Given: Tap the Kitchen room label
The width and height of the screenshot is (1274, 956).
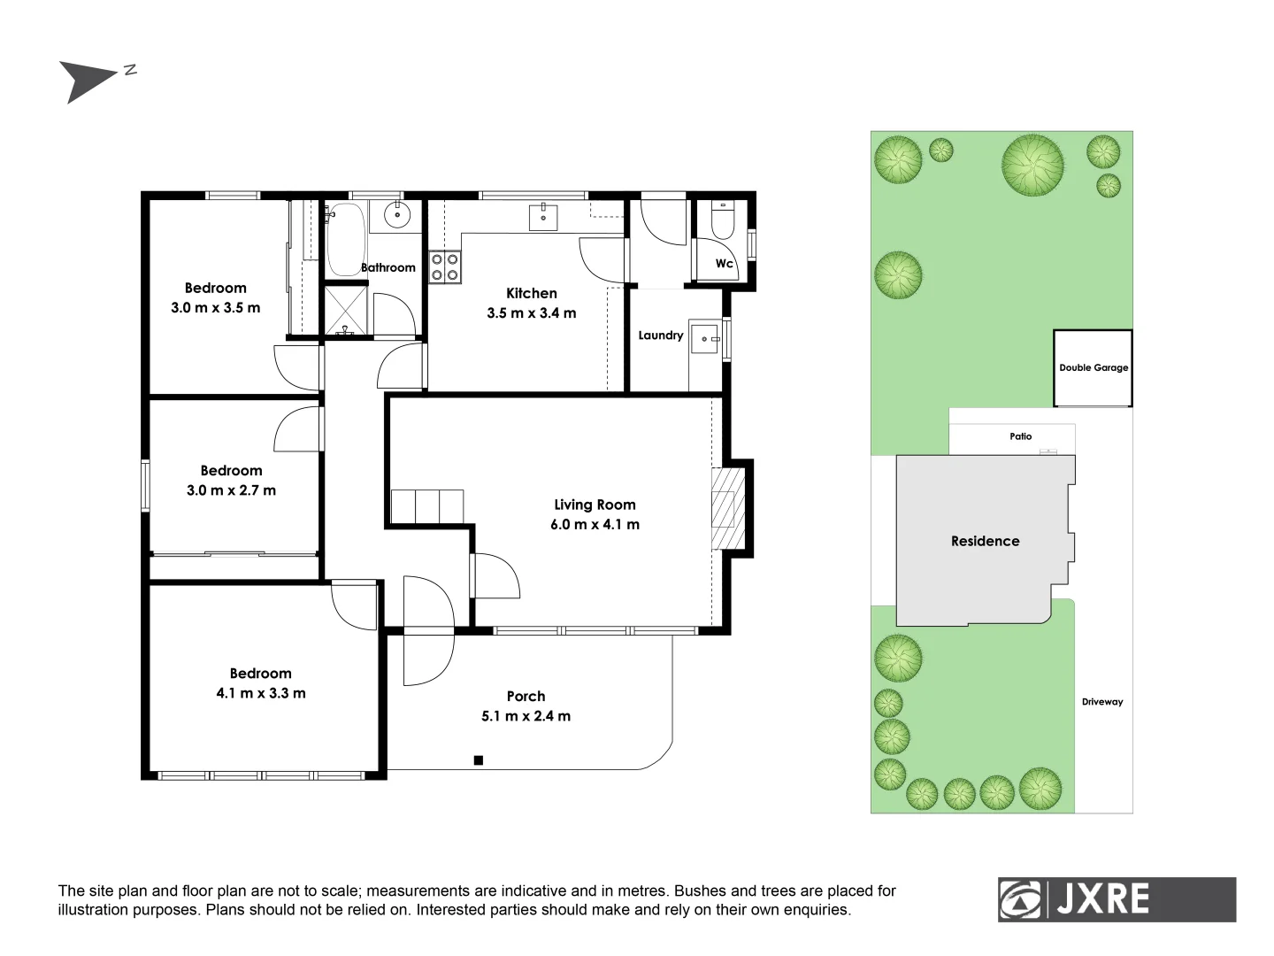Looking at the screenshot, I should pyautogui.click(x=531, y=293).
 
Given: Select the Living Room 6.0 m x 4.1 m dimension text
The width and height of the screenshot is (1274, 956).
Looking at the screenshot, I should pyautogui.click(x=595, y=524).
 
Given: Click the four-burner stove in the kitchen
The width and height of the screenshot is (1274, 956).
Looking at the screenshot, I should pyautogui.click(x=444, y=267).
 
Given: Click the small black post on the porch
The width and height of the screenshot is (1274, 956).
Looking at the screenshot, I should pyautogui.click(x=479, y=759).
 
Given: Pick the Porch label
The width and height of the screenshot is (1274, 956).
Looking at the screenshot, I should pyautogui.click(x=526, y=696).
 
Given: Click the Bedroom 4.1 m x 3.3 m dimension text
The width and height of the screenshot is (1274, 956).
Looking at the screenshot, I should pyautogui.click(x=261, y=693).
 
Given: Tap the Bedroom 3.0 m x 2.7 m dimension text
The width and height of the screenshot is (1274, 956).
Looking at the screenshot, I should pyautogui.click(x=231, y=490).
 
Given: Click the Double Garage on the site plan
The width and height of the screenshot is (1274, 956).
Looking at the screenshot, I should pyautogui.click(x=1094, y=368).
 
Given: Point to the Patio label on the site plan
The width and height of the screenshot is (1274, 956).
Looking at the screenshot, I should pyautogui.click(x=1020, y=436).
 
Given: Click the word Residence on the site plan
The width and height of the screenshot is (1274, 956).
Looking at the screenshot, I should pyautogui.click(x=985, y=541).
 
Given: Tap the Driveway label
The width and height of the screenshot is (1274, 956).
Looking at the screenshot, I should pyautogui.click(x=1101, y=702).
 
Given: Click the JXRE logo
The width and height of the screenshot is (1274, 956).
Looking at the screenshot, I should pyautogui.click(x=1117, y=899).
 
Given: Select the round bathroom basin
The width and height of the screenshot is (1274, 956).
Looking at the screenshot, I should pyautogui.click(x=399, y=213).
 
